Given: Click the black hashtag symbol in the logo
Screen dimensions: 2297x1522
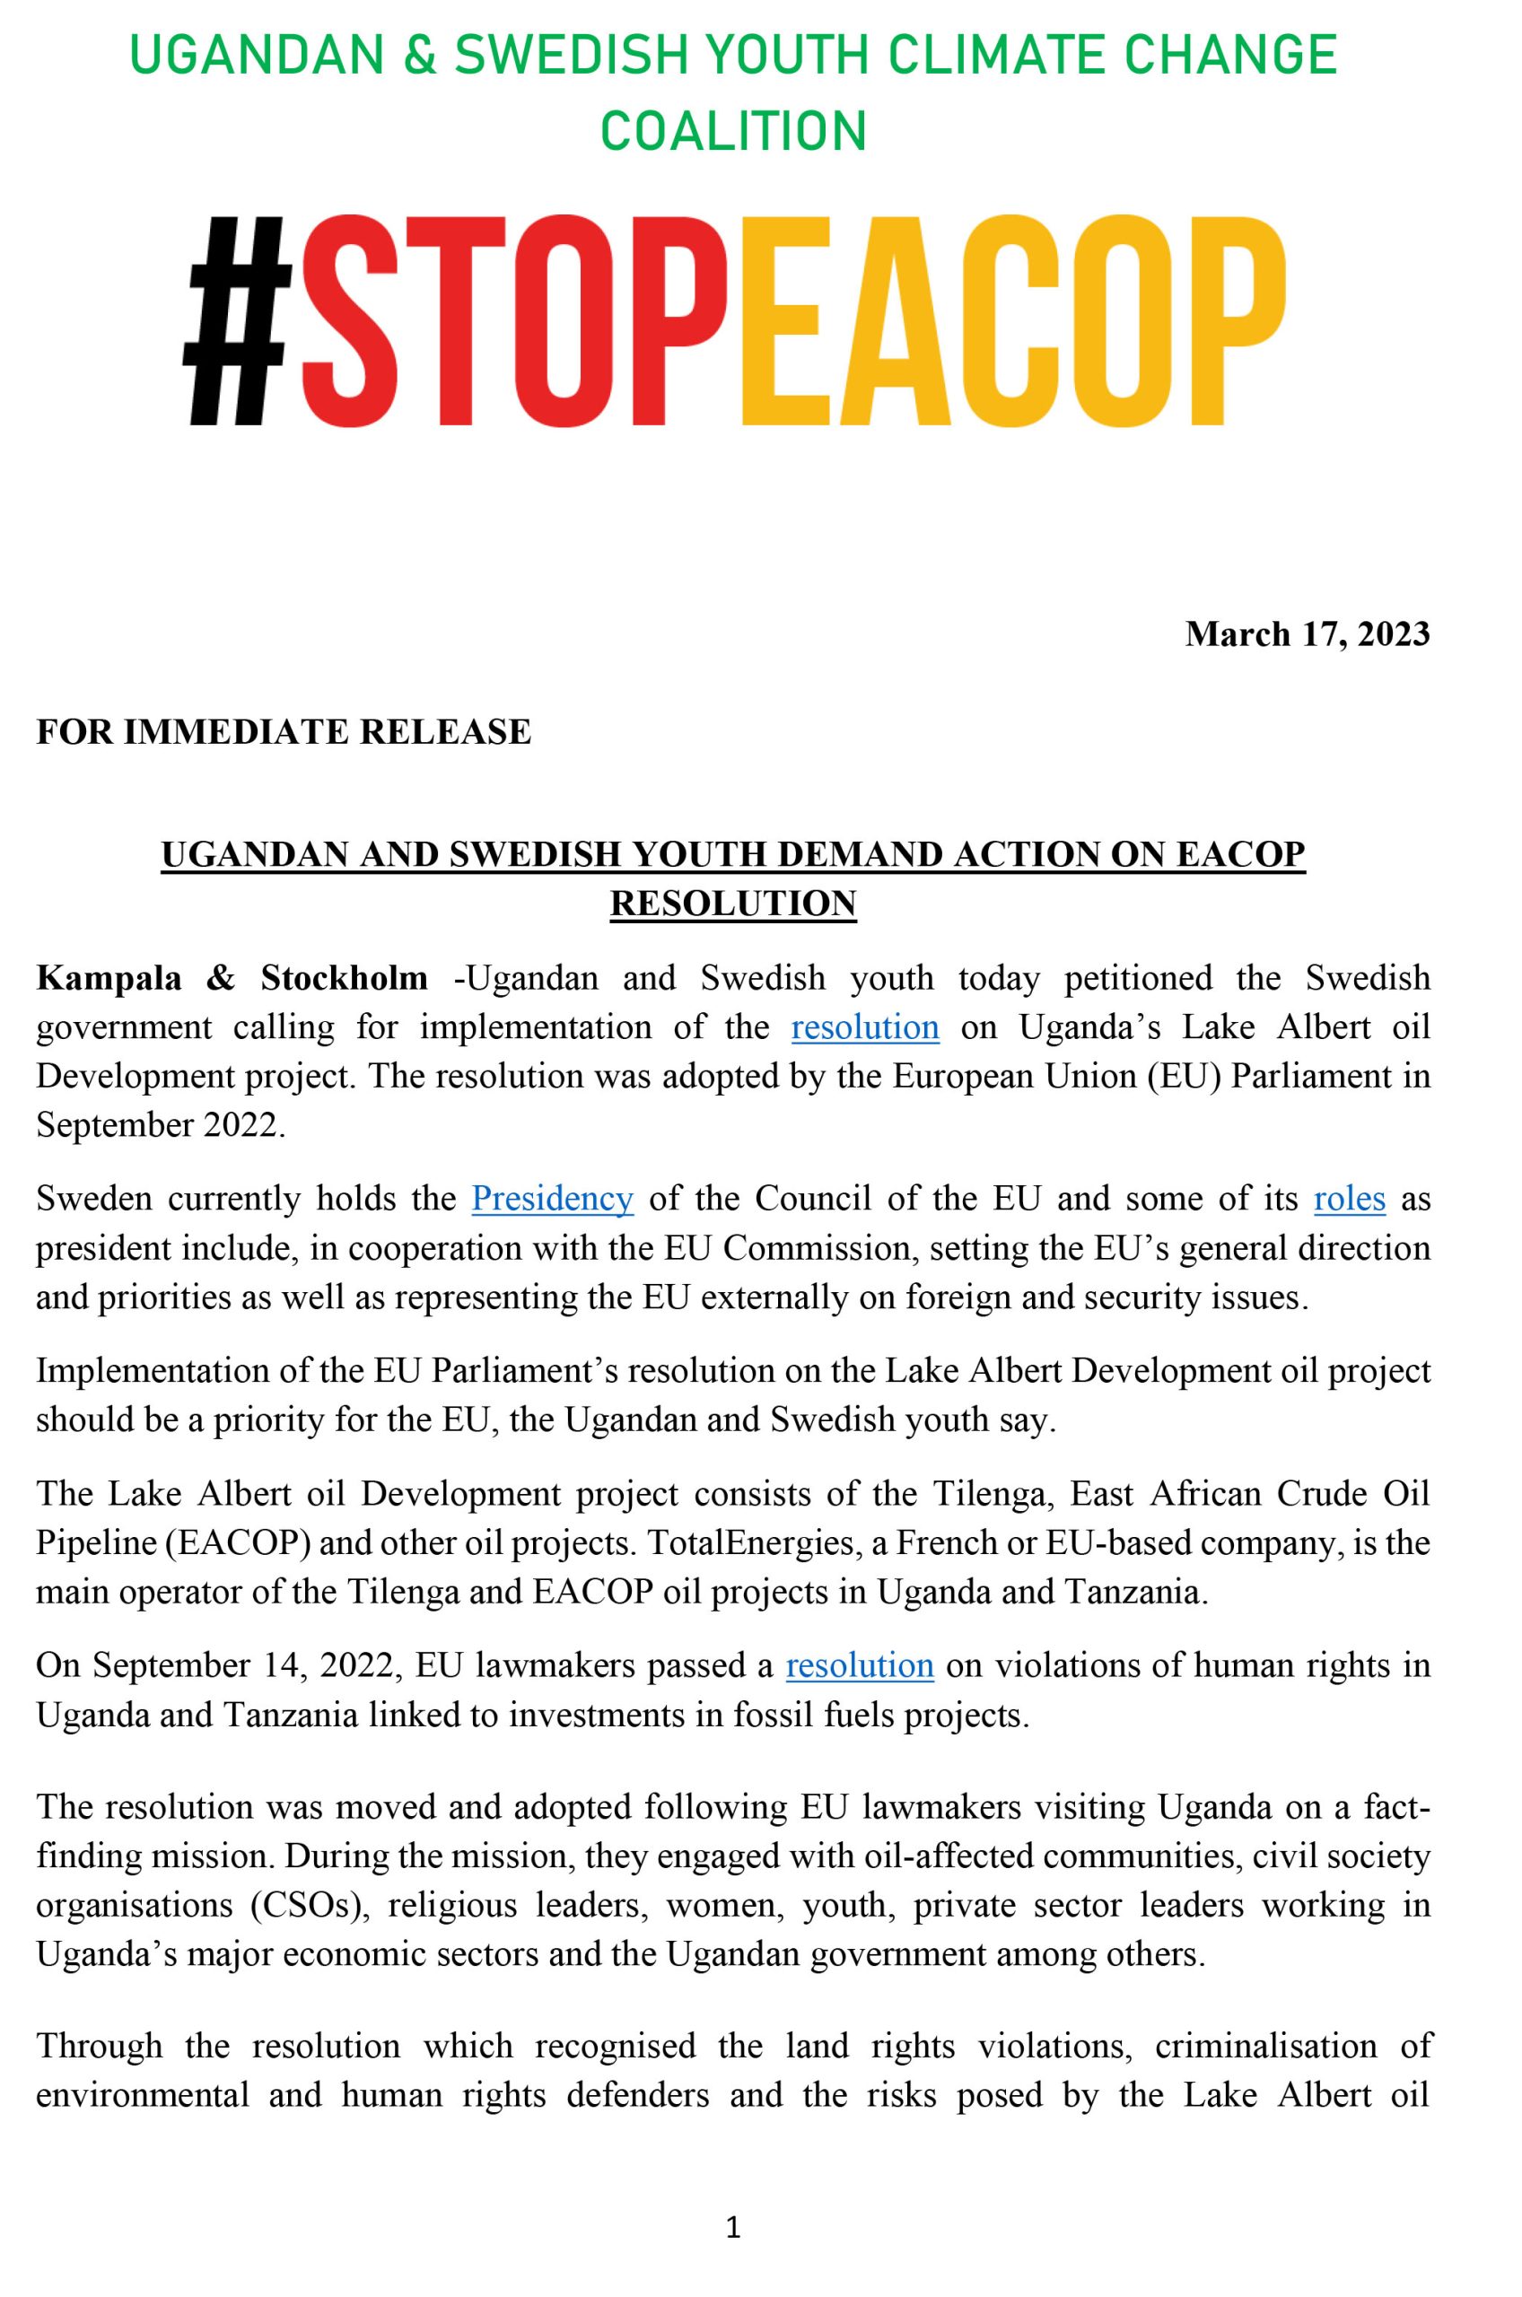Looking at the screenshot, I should point(239,320).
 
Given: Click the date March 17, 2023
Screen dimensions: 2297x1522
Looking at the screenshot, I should point(1307,633).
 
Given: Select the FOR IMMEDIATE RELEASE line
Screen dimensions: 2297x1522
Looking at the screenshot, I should point(284,730).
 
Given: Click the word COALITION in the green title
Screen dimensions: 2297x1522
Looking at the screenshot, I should point(733,131).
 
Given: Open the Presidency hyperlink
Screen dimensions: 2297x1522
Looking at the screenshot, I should point(552,1199).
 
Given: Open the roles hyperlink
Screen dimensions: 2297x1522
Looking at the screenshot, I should point(1349,1199).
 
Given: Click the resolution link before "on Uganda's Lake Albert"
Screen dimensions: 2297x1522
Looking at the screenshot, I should point(865,1026).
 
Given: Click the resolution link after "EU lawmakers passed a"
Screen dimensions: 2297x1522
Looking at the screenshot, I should point(859,1665).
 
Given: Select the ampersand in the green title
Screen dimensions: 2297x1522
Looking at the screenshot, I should point(418,56).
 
